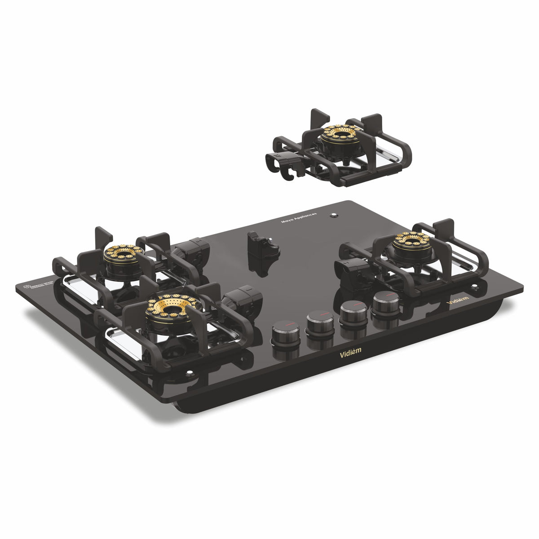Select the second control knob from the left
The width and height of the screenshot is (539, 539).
pyautogui.click(x=320, y=321)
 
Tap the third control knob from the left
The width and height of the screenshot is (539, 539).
pyautogui.click(x=353, y=311)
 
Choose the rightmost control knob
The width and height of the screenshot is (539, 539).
pyautogui.click(x=385, y=301)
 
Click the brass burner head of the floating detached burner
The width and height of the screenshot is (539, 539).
pyautogui.click(x=343, y=132)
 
